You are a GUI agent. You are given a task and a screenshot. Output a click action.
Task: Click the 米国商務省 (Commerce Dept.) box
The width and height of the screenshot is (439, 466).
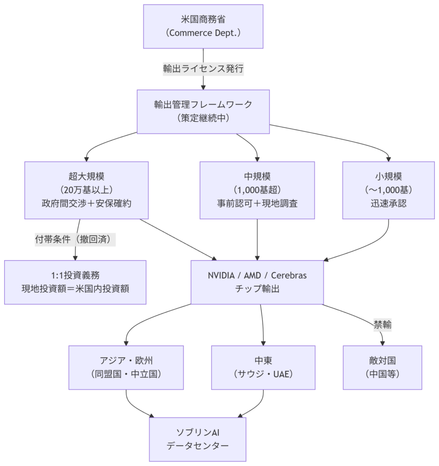coord(203,26)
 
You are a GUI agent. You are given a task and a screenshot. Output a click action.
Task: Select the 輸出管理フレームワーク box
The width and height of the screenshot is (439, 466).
coord(203,111)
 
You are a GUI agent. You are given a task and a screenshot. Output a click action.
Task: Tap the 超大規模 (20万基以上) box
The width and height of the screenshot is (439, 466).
coord(87,190)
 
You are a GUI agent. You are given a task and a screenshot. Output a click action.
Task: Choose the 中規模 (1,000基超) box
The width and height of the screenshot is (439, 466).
coord(258,190)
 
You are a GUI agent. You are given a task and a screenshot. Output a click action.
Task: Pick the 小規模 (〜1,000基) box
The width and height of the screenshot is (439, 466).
coord(388,190)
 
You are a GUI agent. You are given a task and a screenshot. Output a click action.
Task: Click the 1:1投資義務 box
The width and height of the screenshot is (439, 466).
coord(75,282)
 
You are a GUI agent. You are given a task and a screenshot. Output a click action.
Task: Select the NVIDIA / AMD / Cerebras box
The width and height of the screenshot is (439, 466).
coord(257,282)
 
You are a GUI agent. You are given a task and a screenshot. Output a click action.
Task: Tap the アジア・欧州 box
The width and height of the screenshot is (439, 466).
coord(126,367)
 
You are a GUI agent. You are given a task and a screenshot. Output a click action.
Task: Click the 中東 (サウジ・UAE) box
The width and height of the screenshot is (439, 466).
coord(263,367)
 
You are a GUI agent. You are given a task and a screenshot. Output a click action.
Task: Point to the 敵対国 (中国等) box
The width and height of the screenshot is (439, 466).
coord(383,367)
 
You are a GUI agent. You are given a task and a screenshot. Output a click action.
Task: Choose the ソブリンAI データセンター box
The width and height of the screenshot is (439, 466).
coord(198,439)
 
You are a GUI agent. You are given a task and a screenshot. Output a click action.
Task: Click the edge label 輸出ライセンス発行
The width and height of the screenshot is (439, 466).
coord(204,69)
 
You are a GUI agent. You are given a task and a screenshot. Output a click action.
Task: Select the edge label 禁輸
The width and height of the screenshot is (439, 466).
coord(383,324)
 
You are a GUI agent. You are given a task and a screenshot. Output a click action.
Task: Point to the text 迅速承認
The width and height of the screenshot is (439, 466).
coord(388,203)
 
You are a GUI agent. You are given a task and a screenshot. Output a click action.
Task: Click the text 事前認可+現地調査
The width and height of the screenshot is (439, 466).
coord(258,203)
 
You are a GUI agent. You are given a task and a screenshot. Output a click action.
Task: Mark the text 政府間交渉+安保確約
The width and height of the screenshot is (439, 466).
coord(87,203)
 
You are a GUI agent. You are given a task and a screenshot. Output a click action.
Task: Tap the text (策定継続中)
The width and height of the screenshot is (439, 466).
coord(203,118)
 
